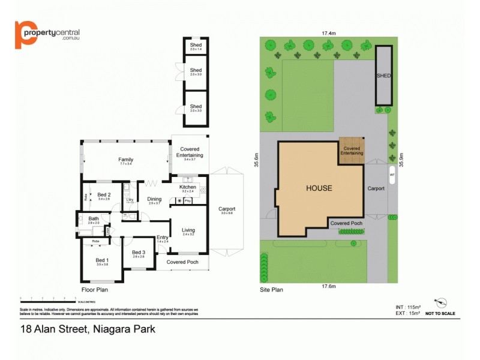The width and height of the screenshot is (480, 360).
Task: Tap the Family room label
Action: (125, 160)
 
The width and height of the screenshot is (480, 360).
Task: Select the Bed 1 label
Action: (102, 260)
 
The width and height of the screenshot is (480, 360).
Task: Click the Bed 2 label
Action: (104, 194)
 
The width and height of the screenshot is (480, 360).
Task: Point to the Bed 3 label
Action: (139, 253)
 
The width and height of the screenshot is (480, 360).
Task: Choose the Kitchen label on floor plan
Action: (188, 187)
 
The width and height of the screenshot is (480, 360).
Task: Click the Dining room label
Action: (154, 199)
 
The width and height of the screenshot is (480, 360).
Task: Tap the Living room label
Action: (188, 230)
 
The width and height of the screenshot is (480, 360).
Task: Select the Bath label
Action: (94, 218)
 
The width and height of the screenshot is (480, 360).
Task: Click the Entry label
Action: (163, 237)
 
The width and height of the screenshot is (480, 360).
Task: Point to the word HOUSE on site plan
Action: (319, 188)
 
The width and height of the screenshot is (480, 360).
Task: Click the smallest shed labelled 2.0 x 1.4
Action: (196, 46)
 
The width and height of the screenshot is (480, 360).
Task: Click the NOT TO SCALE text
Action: (440, 313)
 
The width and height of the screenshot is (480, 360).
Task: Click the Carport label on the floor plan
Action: (227, 208)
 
